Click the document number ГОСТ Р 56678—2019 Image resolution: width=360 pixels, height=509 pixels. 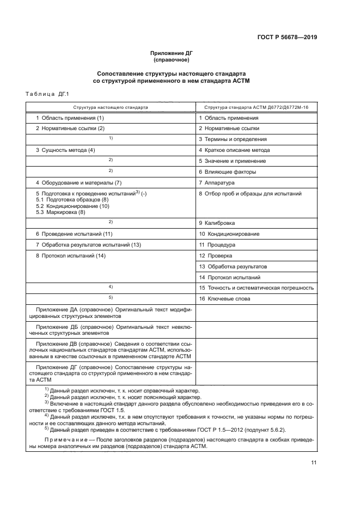point(286,38)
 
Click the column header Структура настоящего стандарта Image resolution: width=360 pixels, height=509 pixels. point(111,108)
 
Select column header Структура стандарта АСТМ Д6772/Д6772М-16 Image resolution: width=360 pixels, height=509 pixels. point(256,108)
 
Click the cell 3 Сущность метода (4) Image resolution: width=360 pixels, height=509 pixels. point(65,150)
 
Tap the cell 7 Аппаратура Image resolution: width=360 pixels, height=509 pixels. point(216,182)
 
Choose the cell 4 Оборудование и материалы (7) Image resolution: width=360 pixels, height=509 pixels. point(78,182)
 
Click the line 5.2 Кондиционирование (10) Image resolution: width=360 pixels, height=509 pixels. point(72,206)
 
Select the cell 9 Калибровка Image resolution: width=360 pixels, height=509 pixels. point(217,223)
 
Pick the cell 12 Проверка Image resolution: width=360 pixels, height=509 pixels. point(216,255)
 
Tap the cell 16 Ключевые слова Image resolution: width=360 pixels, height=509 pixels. point(224,298)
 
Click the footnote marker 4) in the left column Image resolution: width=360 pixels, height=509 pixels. point(111,286)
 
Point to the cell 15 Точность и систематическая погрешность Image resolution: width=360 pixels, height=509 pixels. point(256,287)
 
